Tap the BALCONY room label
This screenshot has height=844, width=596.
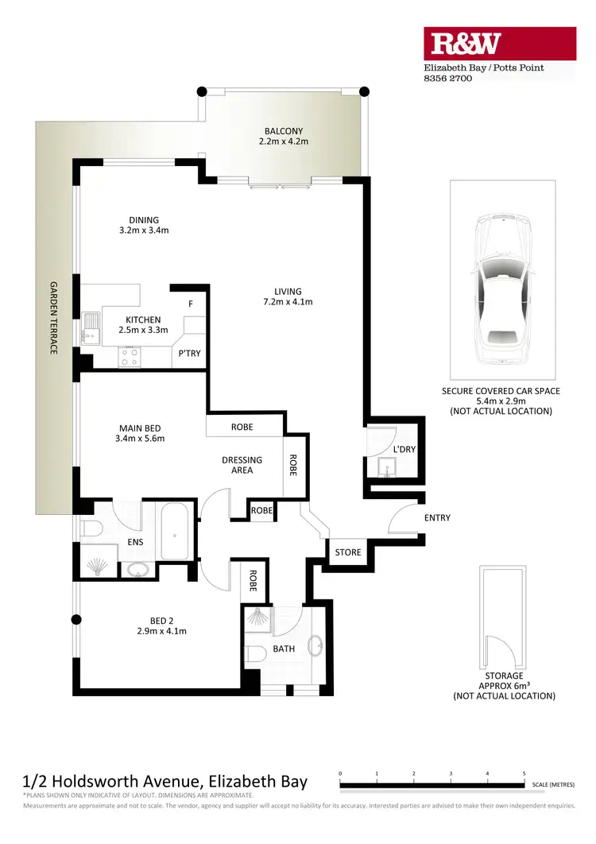click(x=283, y=131)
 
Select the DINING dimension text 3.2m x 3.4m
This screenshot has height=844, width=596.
click(x=144, y=230)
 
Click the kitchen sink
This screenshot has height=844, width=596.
click(x=89, y=327)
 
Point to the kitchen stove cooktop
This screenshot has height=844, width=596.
click(x=129, y=358)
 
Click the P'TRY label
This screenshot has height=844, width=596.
click(x=189, y=354)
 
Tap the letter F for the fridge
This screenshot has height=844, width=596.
click(x=190, y=304)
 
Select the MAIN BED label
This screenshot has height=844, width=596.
click(x=139, y=428)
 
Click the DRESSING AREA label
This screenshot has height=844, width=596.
click(x=242, y=465)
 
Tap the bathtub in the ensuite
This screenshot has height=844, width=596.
click(x=176, y=531)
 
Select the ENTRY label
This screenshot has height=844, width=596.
click(x=437, y=518)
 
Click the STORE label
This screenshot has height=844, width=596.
click(x=347, y=552)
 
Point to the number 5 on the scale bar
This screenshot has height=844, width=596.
click(x=524, y=772)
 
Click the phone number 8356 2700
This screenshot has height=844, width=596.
click(x=447, y=79)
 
